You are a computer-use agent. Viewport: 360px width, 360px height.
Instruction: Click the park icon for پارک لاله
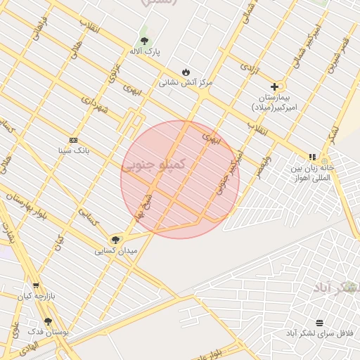coord(144,40)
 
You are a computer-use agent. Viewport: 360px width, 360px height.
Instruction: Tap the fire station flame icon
coord(186,72)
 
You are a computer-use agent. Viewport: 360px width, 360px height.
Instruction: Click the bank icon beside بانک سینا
coord(73,140)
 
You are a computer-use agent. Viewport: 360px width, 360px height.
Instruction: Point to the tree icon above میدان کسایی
coord(116,240)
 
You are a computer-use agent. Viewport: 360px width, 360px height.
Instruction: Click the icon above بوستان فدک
coord(48,321)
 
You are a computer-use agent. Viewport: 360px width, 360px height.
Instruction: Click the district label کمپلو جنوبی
coord(153,165)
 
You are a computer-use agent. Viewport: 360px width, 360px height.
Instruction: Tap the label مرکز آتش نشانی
coord(186,83)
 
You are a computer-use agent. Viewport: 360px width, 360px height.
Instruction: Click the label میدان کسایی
coord(117,250)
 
